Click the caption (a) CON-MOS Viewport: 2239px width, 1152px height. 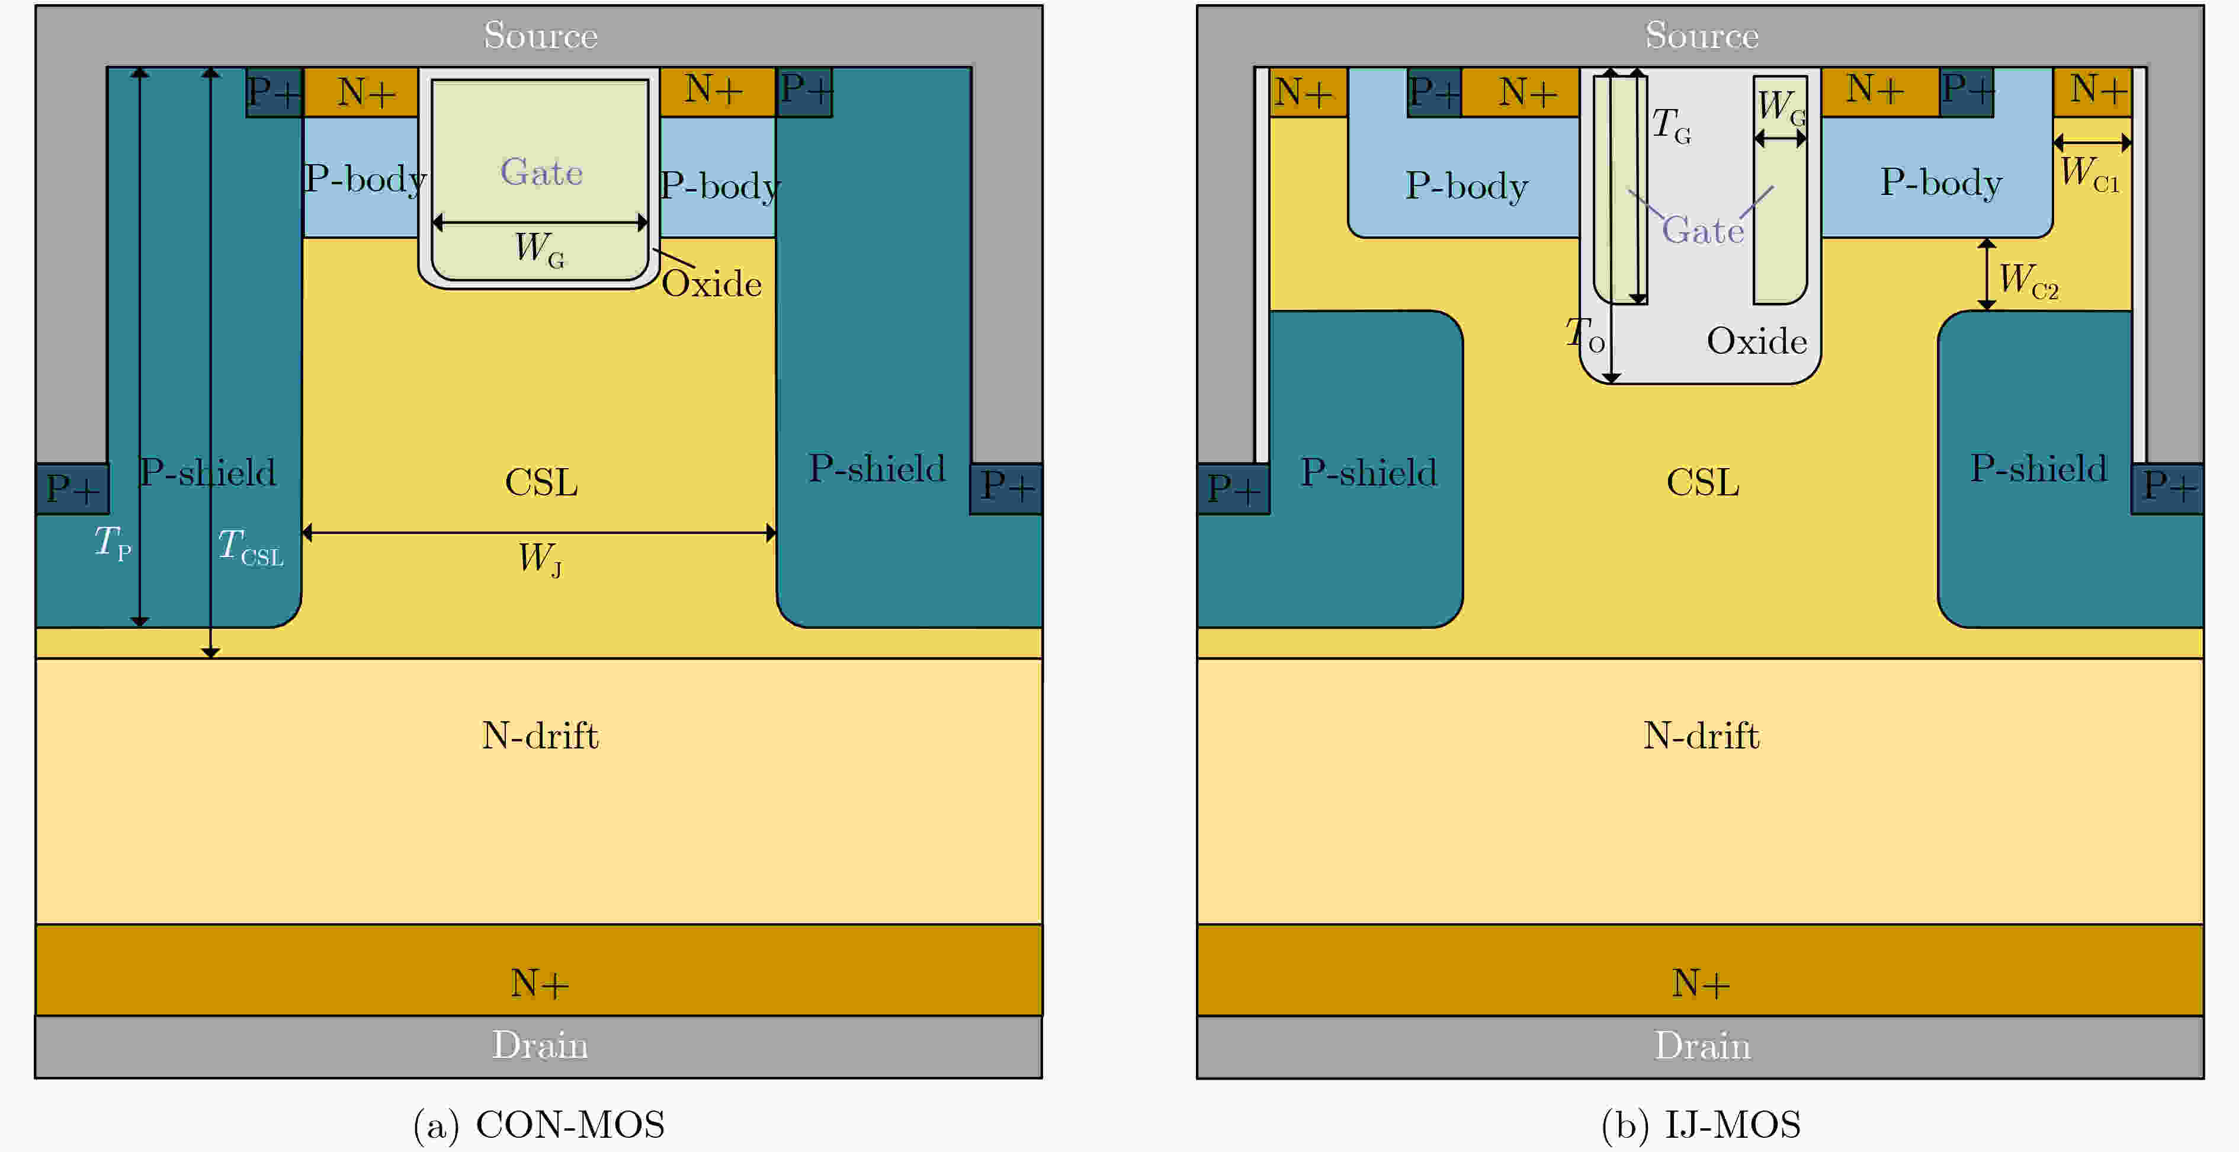(x=539, y=1124)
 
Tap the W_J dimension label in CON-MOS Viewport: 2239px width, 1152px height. (x=540, y=558)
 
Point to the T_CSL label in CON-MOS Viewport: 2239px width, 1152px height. (x=249, y=548)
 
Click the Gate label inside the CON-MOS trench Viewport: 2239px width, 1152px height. (x=541, y=171)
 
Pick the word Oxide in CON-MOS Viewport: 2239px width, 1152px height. (x=711, y=283)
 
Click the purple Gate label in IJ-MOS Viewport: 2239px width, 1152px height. (x=1702, y=231)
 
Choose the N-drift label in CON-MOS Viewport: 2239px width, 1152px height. (x=540, y=735)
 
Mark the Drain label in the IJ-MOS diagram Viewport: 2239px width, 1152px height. (x=1701, y=1045)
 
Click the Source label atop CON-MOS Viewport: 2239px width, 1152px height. (x=540, y=35)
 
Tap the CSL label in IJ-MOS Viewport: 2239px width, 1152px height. (x=1702, y=482)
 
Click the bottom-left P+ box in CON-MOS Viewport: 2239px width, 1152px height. (x=72, y=489)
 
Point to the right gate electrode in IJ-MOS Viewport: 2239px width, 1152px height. (x=1779, y=217)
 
